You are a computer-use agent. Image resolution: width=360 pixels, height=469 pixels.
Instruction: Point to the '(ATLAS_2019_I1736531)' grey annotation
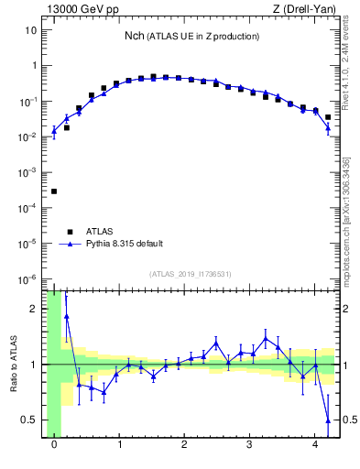[x=191, y=273]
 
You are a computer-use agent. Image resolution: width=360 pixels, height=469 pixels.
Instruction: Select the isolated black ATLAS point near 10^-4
[x=54, y=191]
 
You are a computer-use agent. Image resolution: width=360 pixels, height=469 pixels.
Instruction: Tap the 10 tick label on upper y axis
[x=31, y=30]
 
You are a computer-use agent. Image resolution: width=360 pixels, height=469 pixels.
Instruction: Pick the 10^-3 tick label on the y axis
[x=27, y=172]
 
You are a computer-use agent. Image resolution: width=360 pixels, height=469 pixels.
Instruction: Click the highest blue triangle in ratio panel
[x=67, y=316]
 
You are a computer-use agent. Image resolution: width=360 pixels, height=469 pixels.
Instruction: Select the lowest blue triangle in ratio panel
[x=328, y=420]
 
